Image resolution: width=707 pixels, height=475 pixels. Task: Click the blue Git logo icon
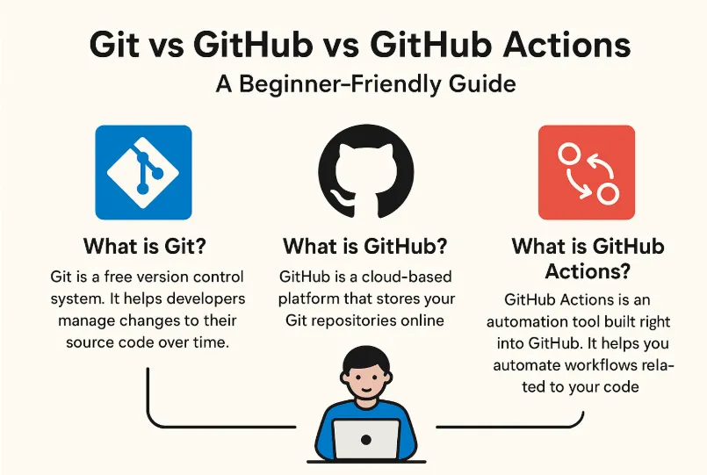(x=143, y=172)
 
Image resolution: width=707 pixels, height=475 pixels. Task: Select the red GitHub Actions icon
(x=586, y=172)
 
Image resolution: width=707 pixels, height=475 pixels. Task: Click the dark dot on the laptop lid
(x=366, y=437)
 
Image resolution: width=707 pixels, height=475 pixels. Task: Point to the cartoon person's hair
(x=364, y=357)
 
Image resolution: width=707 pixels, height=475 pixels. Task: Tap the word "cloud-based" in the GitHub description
(x=381, y=277)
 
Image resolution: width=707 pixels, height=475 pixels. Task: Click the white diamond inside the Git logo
(x=143, y=172)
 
